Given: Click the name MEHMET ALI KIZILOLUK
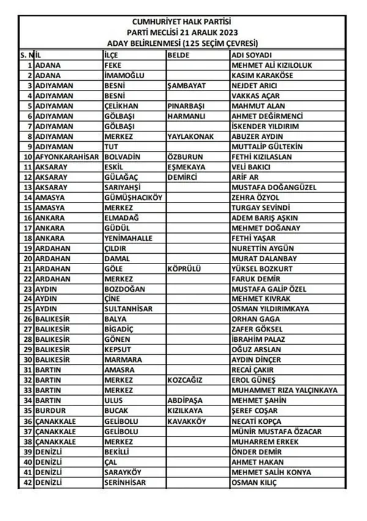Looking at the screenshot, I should (x=272, y=64).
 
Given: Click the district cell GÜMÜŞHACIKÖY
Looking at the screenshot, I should (x=133, y=198).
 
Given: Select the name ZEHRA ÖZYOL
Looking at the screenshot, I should (x=255, y=198).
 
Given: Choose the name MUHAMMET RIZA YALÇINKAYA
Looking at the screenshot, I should (x=284, y=391).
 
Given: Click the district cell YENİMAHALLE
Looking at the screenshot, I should (x=128, y=238).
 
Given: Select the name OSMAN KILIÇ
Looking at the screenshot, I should (x=254, y=482).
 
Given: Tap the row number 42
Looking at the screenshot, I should (x=28, y=482).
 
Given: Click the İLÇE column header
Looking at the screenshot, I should (x=113, y=54).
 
